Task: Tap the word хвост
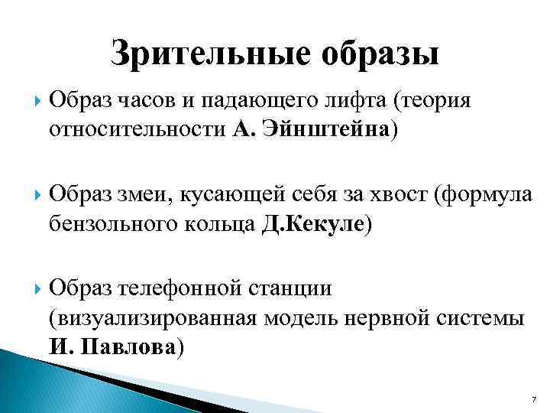396,194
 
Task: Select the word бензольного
110,224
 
